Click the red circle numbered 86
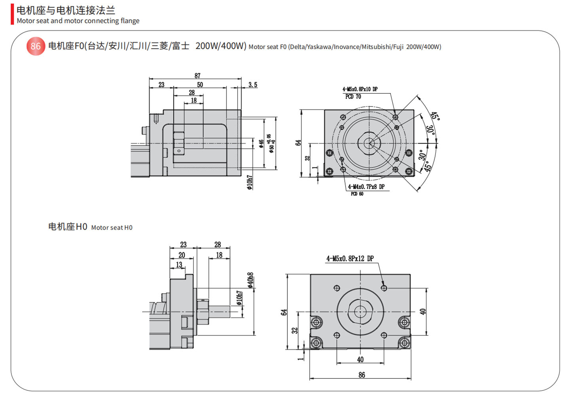click(x=36, y=46)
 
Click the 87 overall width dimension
click(x=197, y=75)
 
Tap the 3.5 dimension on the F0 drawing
click(x=253, y=85)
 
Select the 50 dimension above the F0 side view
click(x=200, y=85)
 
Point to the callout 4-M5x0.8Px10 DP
click(x=360, y=89)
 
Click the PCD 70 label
click(x=353, y=97)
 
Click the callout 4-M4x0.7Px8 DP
click(x=366, y=187)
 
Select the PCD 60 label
click(x=357, y=194)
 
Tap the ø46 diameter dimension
click(x=261, y=144)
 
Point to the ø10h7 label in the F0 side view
click(x=250, y=182)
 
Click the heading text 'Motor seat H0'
click(x=112, y=228)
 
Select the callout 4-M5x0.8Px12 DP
click(x=350, y=258)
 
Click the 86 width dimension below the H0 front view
click(x=361, y=374)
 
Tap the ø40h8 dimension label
click(x=250, y=280)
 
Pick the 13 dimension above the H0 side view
click(x=179, y=265)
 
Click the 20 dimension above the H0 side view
click(x=182, y=255)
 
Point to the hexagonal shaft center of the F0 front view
click(x=369, y=143)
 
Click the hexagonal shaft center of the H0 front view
click(x=360, y=311)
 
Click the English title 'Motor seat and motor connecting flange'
click(x=78, y=21)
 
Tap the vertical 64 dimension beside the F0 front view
click(x=298, y=143)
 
